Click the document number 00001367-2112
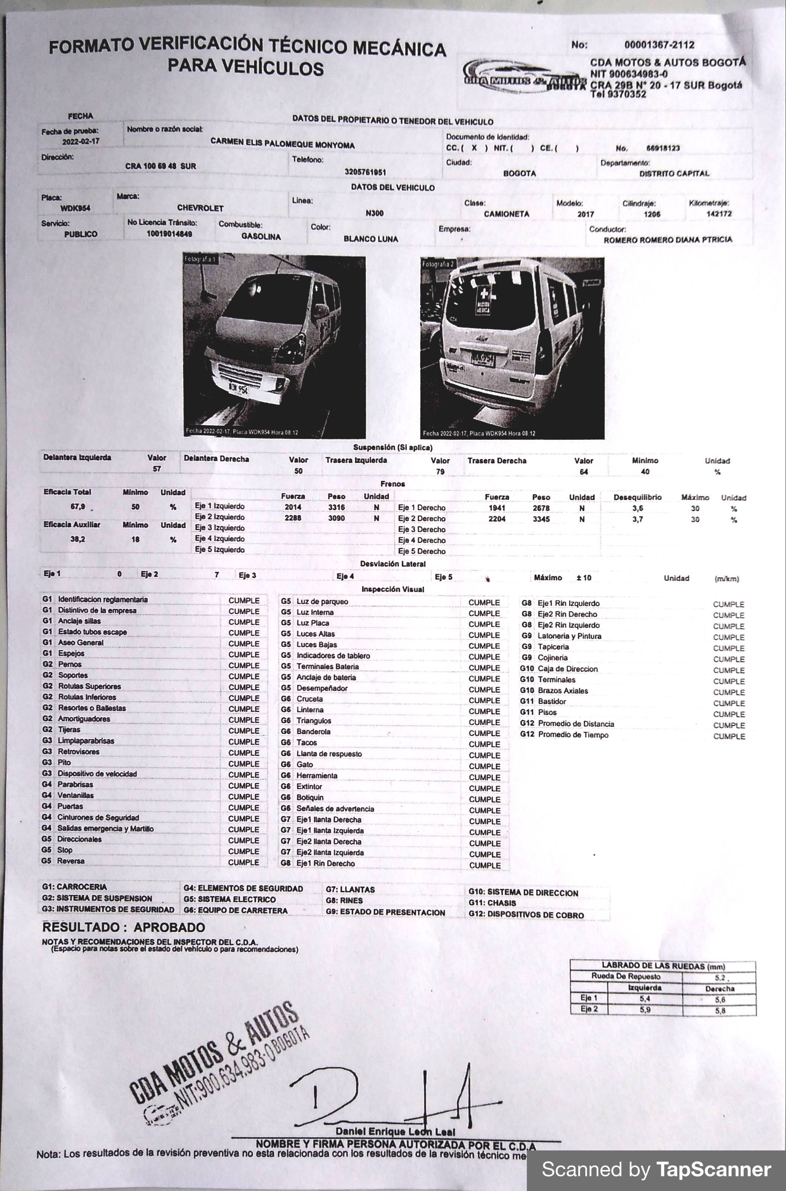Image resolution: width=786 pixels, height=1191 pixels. (659, 45)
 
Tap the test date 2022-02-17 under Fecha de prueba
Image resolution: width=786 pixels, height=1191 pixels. (81, 142)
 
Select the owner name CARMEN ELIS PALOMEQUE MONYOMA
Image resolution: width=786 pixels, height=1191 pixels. (282, 143)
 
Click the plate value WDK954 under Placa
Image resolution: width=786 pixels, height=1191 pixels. (75, 208)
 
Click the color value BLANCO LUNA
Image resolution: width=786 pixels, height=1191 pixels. (370, 239)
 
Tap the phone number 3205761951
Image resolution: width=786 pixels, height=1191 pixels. (365, 172)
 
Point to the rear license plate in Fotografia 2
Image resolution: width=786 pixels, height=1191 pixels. (482, 359)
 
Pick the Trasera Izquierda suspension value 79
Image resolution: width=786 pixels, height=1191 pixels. (440, 472)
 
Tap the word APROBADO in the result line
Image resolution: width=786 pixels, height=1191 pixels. (169, 927)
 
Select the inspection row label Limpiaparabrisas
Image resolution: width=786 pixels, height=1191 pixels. (86, 741)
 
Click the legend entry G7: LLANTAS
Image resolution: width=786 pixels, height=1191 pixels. (350, 890)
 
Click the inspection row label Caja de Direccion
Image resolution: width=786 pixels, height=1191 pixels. (567, 669)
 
